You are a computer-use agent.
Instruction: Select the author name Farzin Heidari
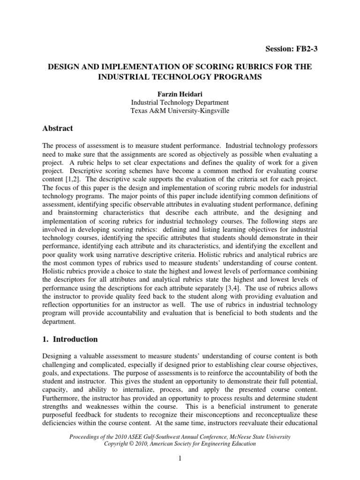(x=180, y=94)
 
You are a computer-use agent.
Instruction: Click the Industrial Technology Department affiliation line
(x=180, y=102)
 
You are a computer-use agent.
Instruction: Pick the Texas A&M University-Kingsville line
(x=180, y=111)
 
